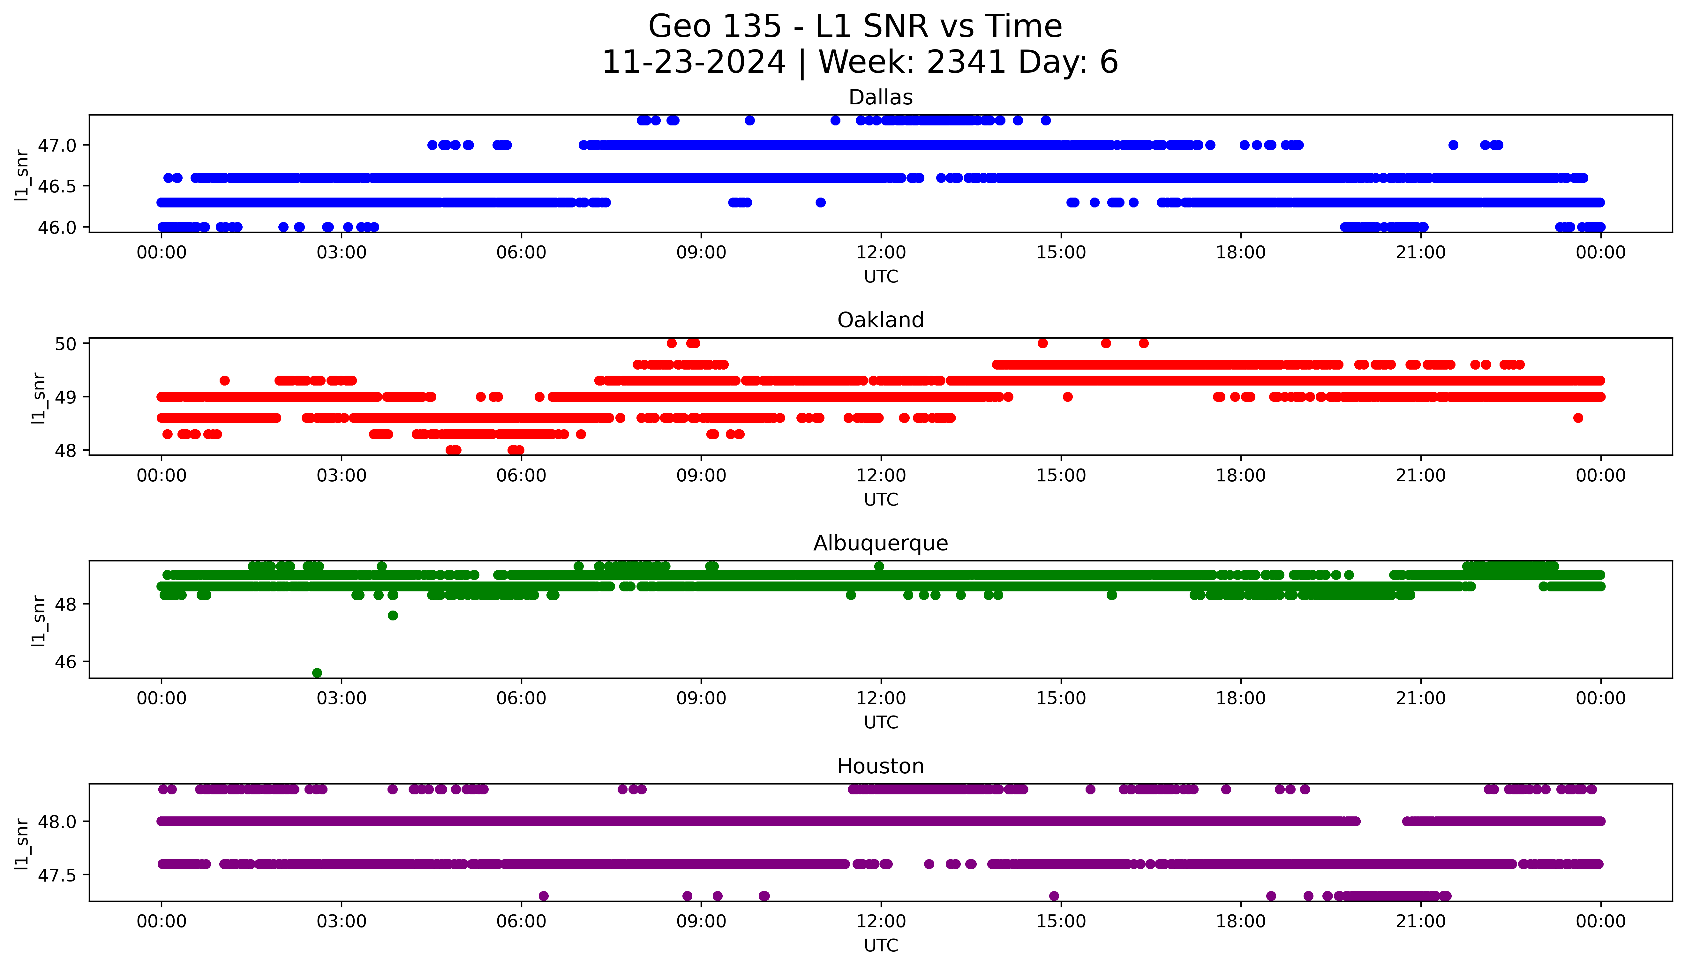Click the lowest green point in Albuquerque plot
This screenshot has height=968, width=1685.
pyautogui.click(x=317, y=673)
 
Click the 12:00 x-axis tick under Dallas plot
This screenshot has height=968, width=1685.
pyautogui.click(x=881, y=253)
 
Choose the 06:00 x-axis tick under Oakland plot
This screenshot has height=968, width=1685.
pyautogui.click(x=521, y=475)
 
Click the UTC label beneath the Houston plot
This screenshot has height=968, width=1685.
pyautogui.click(x=881, y=945)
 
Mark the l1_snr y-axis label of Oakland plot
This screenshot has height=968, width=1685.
pyautogui.click(x=39, y=398)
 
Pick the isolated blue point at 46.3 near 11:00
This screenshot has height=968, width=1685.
pyautogui.click(x=820, y=202)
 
